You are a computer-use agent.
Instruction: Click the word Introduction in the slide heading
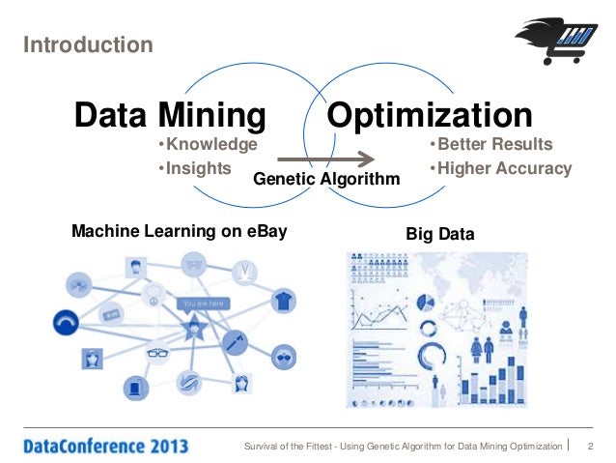click(88, 45)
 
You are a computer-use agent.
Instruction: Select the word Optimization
click(430, 117)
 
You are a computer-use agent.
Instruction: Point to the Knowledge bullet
click(208, 145)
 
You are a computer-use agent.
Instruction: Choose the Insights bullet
click(194, 168)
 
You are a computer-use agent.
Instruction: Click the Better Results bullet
click(490, 145)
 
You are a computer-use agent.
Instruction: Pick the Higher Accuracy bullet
click(499, 168)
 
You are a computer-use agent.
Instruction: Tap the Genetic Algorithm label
click(325, 180)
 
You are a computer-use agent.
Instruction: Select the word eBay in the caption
click(267, 232)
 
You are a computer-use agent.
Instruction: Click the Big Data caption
click(440, 234)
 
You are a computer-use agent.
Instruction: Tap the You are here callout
click(203, 304)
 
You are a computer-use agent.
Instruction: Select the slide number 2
click(589, 446)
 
